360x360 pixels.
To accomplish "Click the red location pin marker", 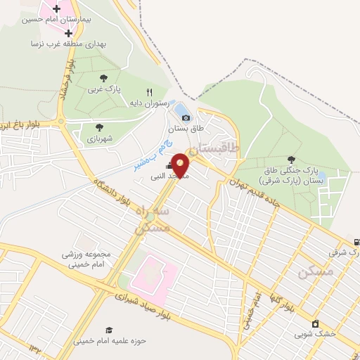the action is point(181,165).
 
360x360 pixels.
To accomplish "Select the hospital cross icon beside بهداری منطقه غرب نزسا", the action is point(67,32).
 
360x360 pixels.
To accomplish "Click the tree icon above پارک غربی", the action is point(104,78).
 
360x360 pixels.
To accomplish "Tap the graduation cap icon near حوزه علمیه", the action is point(108,330).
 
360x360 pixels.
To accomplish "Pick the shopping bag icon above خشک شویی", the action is point(316,323).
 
